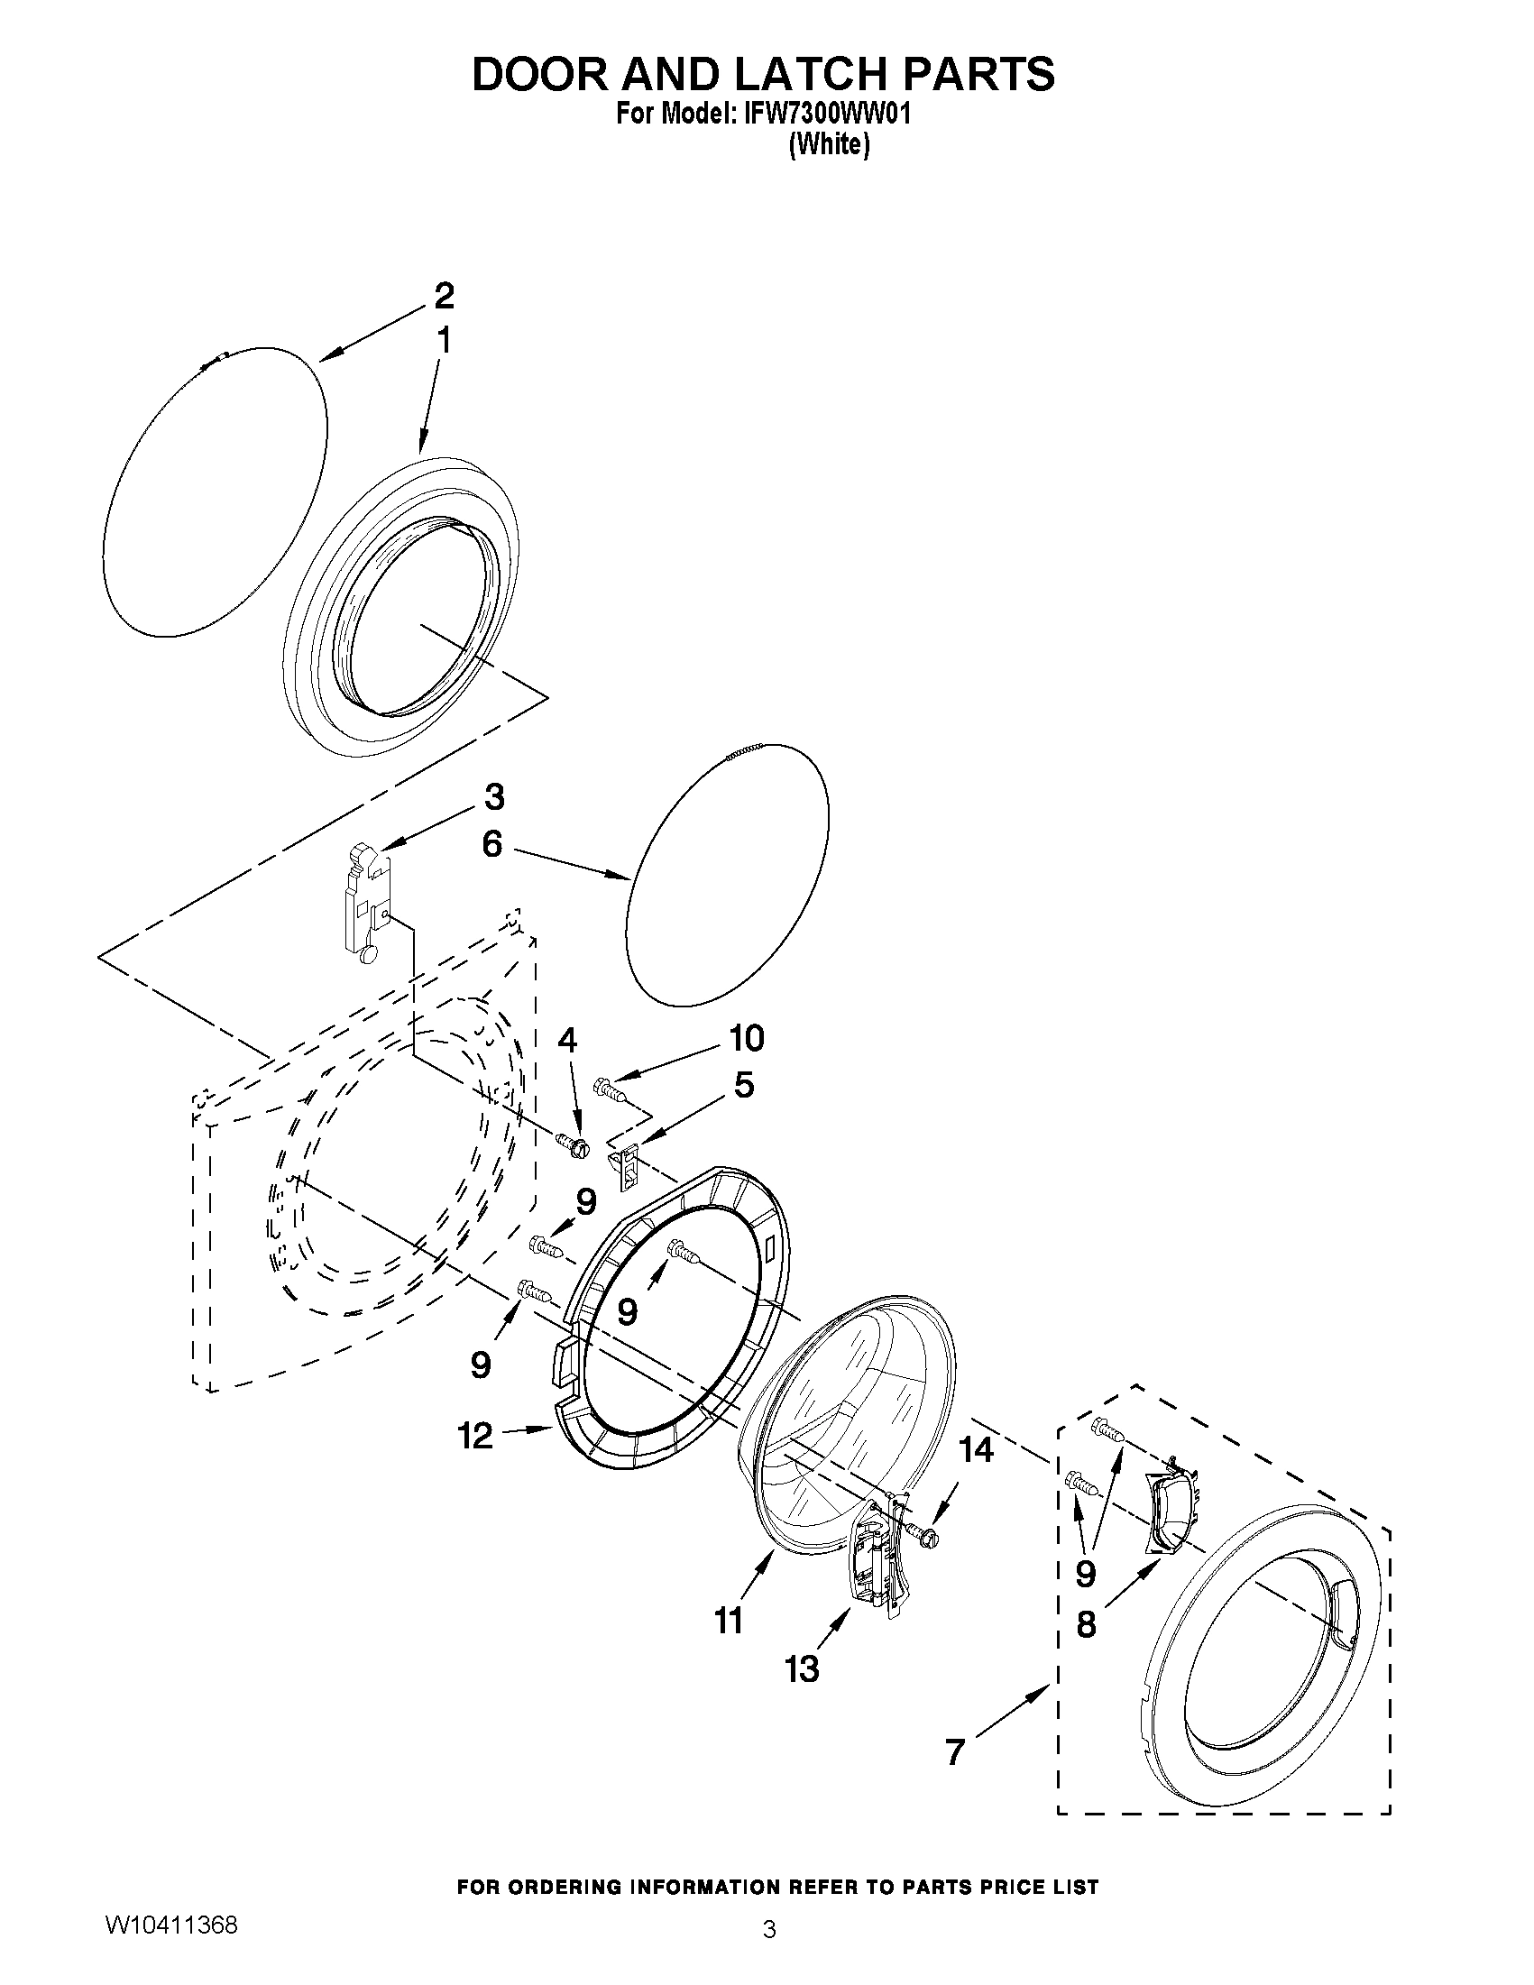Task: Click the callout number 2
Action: [x=444, y=297]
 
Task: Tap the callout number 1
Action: [x=444, y=342]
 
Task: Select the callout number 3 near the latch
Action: [x=493, y=797]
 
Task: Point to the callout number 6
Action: [x=491, y=844]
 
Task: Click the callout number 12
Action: [x=475, y=1436]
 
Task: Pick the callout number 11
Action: [x=728, y=1620]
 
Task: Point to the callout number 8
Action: [x=1086, y=1624]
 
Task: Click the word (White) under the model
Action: [x=829, y=145]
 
